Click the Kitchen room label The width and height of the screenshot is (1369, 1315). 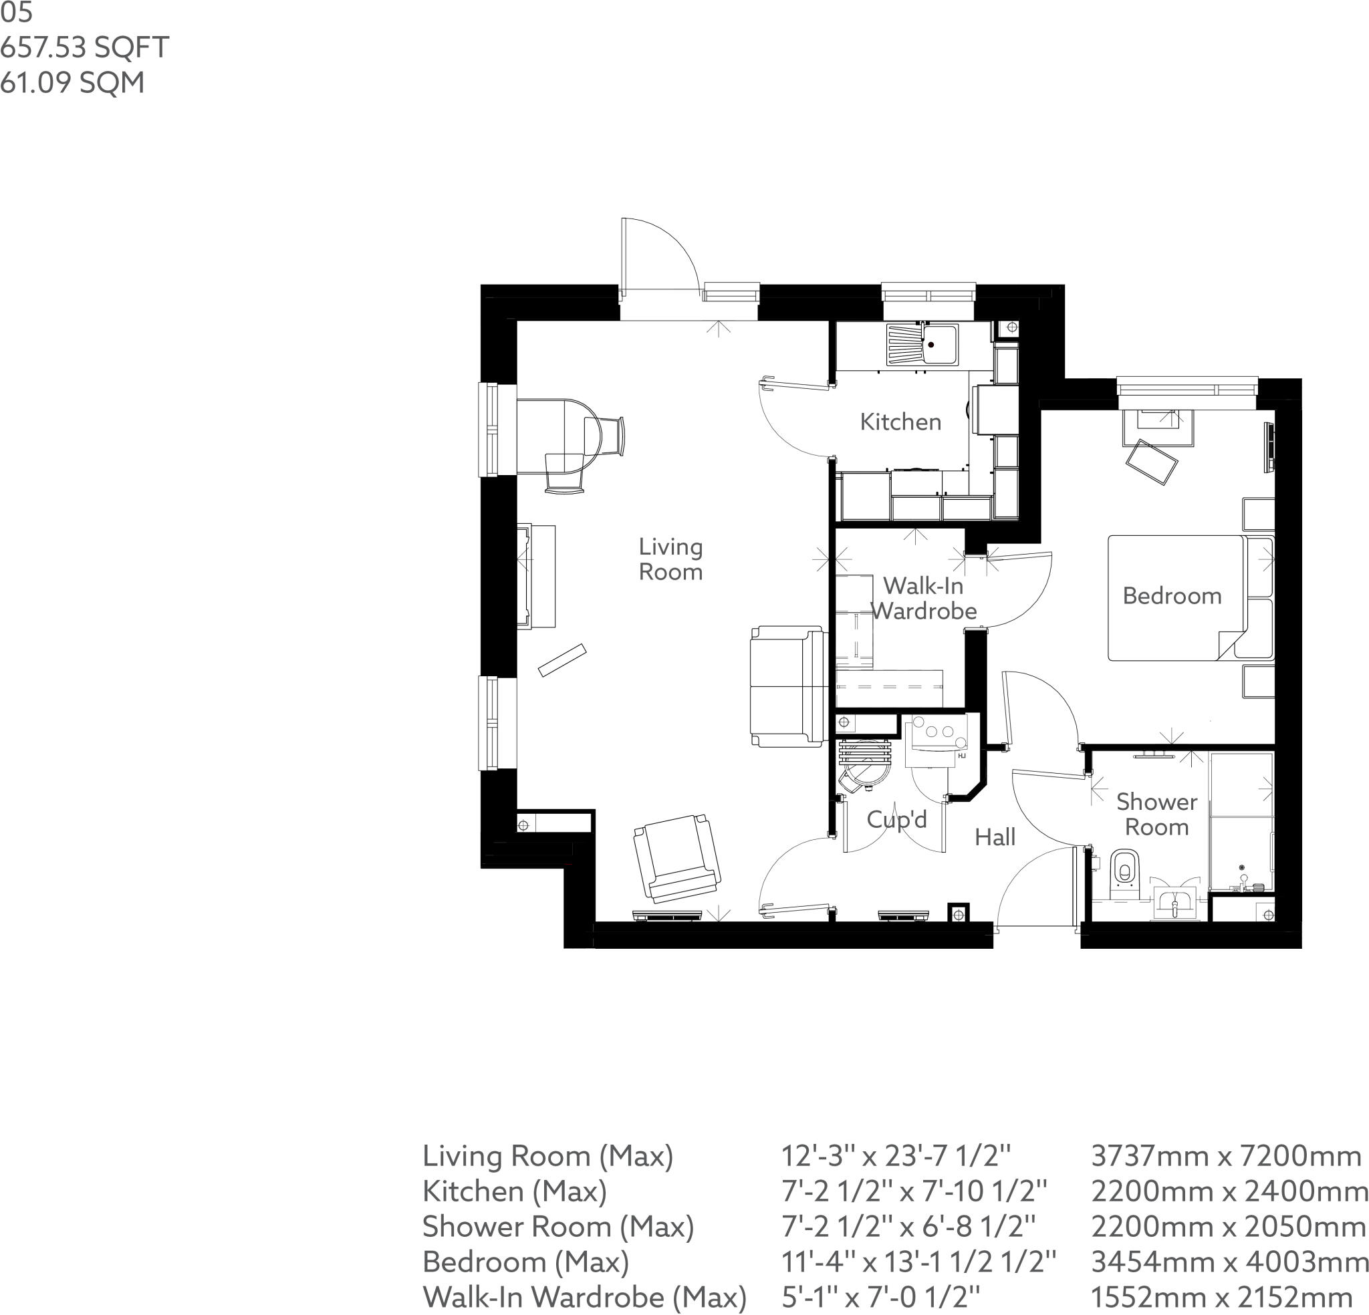900,422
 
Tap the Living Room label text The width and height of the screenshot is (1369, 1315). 670,559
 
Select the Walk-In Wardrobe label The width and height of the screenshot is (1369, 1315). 923,599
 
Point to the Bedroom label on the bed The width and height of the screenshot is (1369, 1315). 1172,596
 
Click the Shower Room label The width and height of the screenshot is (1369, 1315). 1156,815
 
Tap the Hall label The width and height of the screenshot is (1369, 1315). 995,837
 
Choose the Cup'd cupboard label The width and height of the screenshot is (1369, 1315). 897,819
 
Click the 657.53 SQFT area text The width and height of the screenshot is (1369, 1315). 84,47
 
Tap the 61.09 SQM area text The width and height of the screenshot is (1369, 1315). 73,82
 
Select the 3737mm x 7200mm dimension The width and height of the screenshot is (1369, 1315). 1226,1157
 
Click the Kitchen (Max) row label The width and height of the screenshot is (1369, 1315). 514,1191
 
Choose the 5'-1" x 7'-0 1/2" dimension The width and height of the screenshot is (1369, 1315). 881,1298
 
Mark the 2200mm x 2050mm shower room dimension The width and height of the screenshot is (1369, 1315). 1229,1227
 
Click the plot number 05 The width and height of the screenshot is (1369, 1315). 17,13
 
